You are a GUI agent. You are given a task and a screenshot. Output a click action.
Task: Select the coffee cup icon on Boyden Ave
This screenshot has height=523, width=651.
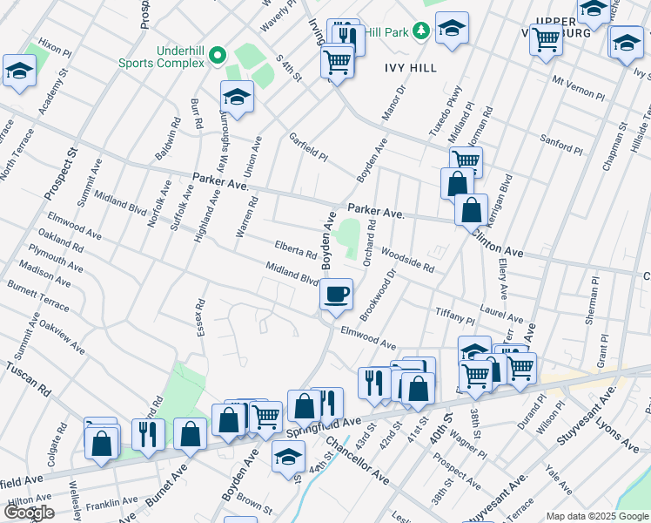coord(336,294)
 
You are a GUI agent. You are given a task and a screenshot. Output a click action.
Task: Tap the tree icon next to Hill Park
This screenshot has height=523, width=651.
coord(422,31)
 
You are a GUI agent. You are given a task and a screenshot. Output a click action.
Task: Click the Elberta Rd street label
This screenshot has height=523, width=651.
coord(296,252)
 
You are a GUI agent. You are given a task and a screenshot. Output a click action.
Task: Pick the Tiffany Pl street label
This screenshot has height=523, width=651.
coord(454,315)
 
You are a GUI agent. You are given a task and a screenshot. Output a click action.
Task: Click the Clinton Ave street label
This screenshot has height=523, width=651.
coord(498,241)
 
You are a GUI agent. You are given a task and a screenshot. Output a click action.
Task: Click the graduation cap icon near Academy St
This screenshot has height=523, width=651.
coord(18,72)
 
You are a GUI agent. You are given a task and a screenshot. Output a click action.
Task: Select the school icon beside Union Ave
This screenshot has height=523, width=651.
coord(236,98)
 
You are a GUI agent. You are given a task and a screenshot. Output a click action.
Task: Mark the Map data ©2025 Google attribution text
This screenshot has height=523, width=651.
coord(597,516)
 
